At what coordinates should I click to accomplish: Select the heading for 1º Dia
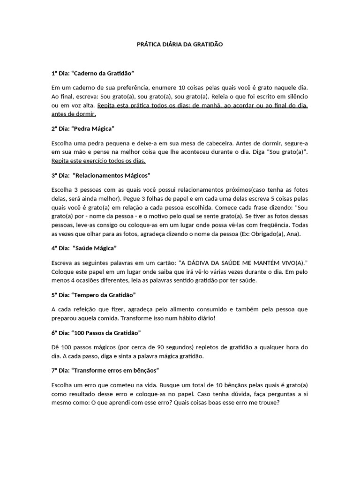(93, 74)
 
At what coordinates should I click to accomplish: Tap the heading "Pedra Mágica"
(83, 128)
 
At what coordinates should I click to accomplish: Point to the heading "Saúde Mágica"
(84, 247)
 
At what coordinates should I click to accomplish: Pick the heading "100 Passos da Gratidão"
(96, 332)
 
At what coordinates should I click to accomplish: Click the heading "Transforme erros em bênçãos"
(105, 370)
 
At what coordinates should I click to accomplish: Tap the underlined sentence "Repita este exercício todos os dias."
(98, 161)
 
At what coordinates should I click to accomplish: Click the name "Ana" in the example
(293, 233)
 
